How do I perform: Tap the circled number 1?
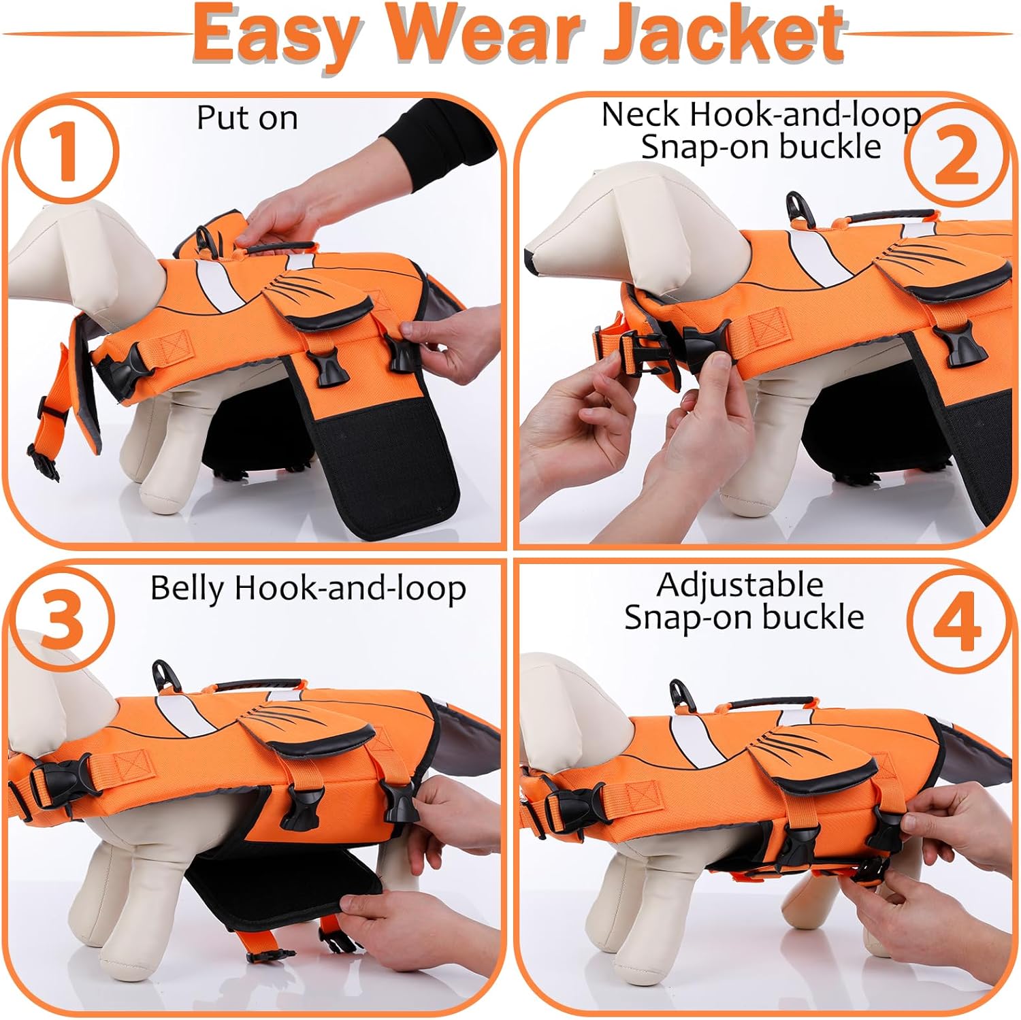click(66, 151)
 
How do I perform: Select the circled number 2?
click(956, 156)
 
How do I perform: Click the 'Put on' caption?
click(247, 118)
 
